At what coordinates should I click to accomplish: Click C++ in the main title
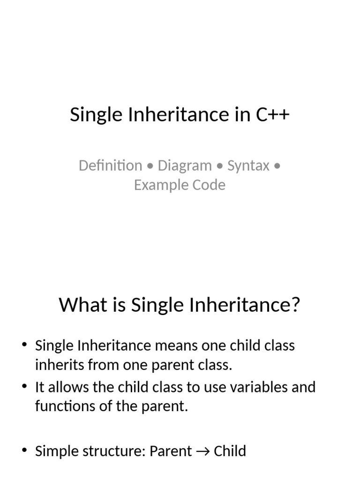272,115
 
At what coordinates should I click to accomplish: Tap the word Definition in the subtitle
110,165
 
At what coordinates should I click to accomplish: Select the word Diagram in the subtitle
185,165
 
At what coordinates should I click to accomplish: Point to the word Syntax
248,165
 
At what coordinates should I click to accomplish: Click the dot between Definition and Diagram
150,166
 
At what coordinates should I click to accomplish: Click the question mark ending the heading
295,306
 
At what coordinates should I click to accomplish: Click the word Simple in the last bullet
56,451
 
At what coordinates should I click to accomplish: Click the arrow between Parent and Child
202,451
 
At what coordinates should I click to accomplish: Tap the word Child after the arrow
230,451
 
